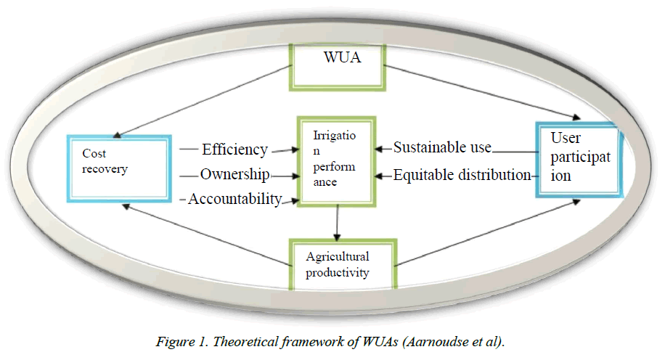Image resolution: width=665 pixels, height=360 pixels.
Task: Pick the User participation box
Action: point(579,160)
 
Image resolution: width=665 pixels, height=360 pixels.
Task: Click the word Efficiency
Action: point(234,150)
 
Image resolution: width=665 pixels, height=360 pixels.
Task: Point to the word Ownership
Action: point(235,174)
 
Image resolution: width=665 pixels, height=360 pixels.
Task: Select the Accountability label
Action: point(234,198)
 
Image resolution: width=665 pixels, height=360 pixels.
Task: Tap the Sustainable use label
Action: point(443,148)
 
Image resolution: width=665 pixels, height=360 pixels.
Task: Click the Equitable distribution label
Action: point(462,175)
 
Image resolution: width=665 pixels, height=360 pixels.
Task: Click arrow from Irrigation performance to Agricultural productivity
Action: point(337,221)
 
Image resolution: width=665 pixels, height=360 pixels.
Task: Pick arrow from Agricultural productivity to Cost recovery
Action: point(207,232)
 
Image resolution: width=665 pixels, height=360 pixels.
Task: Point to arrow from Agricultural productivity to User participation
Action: point(486,231)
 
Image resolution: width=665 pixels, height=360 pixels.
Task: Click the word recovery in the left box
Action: point(105,169)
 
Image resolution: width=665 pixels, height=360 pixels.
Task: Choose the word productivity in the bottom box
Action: point(338,273)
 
